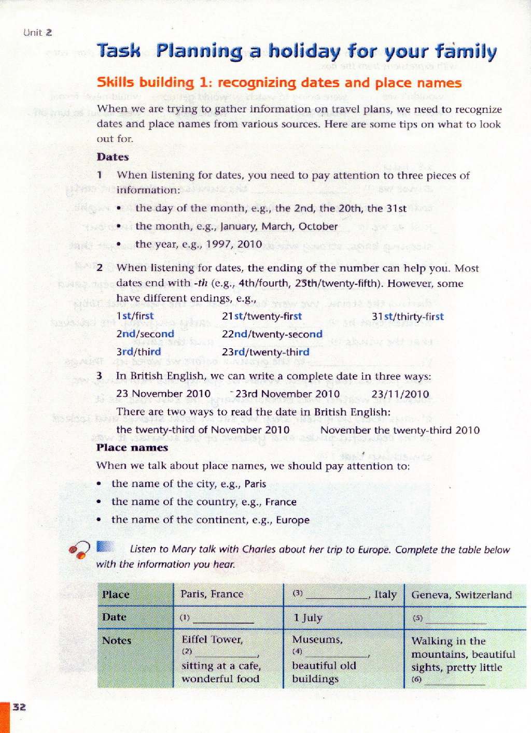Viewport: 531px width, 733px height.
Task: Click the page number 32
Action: [x=19, y=707]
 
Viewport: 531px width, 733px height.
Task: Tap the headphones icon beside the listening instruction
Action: [x=78, y=550]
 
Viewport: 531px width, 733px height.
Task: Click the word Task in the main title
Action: [x=119, y=51]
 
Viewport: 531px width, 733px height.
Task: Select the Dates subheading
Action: [x=113, y=157]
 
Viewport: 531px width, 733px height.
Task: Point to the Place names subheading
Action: [x=132, y=448]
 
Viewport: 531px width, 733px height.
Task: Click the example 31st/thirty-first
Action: [x=408, y=317]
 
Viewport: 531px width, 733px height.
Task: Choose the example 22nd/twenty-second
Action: [x=272, y=334]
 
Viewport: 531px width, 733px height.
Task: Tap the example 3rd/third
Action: [x=138, y=352]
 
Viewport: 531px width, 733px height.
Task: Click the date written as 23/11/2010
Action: [x=400, y=394]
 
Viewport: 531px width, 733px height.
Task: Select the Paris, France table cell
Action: [x=212, y=594]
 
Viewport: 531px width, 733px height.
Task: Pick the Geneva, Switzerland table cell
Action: [x=462, y=595]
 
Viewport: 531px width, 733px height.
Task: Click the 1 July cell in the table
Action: [x=308, y=617]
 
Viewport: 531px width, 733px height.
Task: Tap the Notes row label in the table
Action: [x=117, y=641]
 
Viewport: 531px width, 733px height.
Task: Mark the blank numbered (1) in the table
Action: [x=223, y=619]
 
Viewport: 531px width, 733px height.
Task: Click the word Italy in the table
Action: [x=385, y=594]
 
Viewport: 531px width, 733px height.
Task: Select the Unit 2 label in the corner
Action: [x=37, y=33]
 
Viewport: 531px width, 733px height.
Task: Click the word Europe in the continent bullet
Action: [x=292, y=520]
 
